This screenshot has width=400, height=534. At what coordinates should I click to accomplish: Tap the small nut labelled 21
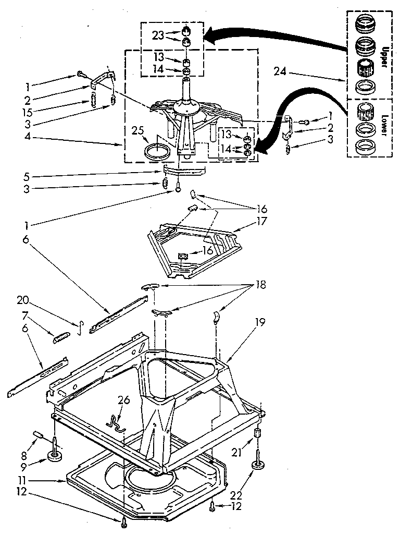tap(256, 433)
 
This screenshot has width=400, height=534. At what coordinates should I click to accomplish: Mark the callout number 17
tap(261, 221)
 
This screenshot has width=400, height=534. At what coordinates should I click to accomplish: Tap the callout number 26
tap(123, 400)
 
